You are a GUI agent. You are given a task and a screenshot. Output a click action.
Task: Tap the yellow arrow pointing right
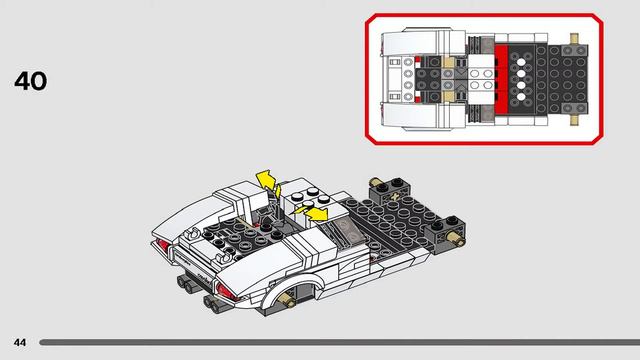(x=316, y=213)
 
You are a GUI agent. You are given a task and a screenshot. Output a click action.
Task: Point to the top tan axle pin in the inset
(x=576, y=43)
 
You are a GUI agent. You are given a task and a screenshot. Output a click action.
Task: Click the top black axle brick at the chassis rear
(x=386, y=185)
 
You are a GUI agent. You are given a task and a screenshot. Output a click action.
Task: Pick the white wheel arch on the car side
(x=300, y=284)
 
